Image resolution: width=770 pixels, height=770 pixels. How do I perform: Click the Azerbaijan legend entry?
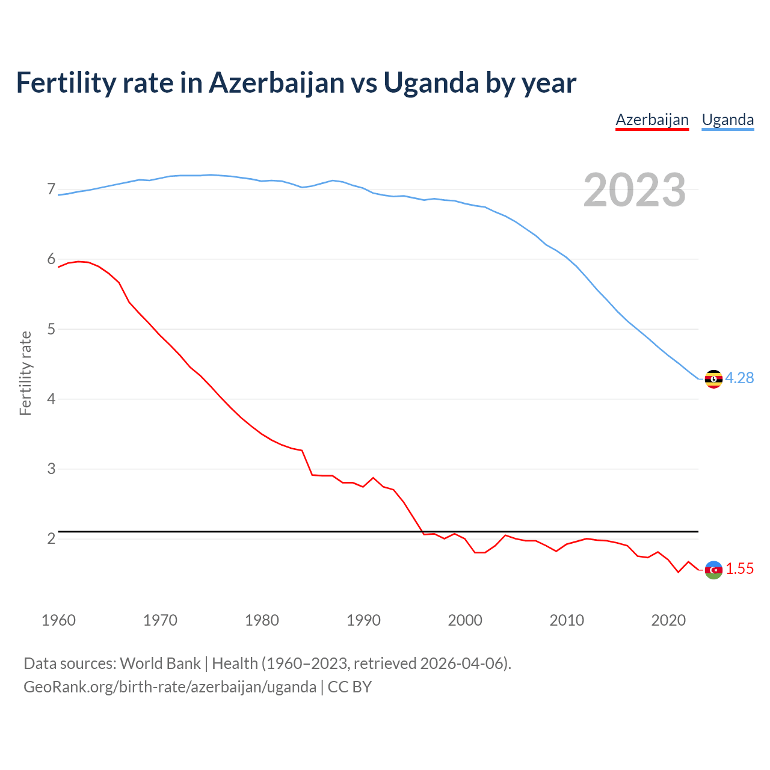pos(652,120)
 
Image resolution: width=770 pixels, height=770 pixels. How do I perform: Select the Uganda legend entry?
pos(728,120)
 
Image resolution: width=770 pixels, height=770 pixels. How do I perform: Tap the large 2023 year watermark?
pos(634,190)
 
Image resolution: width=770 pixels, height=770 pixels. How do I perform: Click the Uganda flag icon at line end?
pos(713,379)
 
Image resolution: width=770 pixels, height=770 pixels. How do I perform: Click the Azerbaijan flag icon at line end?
pos(713,570)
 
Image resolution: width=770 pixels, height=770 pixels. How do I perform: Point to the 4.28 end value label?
pos(739,378)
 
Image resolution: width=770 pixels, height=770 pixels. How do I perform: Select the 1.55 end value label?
pos(739,568)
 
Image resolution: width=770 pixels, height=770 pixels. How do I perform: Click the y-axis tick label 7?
pos(51,189)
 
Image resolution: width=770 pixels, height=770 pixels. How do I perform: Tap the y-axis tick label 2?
pos(51,538)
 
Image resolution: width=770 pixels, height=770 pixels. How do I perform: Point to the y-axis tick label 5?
pos(51,329)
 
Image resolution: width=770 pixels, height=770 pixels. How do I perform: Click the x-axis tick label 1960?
pos(58,620)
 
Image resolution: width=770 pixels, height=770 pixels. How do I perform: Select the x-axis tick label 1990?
pos(363,620)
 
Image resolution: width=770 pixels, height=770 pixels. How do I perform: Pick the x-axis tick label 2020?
pos(668,620)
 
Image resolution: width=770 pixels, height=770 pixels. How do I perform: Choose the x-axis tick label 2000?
pos(465,620)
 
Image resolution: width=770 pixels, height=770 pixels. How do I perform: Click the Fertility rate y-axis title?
pos(25,373)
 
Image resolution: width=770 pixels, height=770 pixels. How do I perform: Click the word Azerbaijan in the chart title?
pos(276,82)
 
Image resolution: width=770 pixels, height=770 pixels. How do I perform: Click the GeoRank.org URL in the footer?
pos(170,686)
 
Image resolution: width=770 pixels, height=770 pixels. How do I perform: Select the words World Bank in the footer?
pos(160,663)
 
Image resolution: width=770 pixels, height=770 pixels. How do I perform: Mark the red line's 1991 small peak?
pos(373,478)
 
